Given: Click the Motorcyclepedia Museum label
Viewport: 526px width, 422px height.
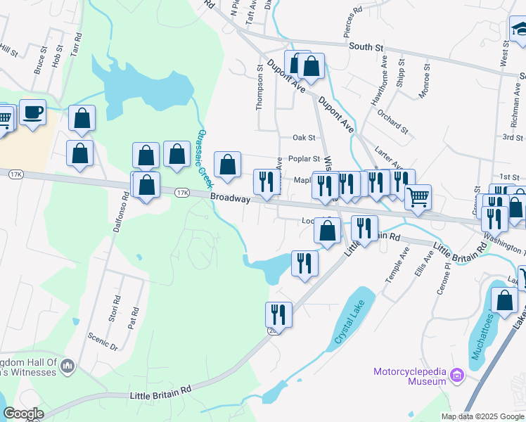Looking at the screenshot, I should click(409, 376).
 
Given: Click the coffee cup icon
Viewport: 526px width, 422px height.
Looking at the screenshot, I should click(32, 113).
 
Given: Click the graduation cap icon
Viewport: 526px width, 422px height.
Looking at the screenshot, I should click(520, 30).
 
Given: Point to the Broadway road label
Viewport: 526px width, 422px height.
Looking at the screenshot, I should click(230, 199).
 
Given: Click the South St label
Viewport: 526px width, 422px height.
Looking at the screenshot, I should click(366, 47).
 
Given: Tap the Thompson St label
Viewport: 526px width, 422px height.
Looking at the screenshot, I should click(259, 88).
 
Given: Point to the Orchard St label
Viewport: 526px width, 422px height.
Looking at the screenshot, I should click(392, 121).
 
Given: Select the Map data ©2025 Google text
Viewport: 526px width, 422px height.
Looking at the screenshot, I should click(482, 417).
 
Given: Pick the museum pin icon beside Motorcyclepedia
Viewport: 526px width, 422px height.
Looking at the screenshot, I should click(458, 376).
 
